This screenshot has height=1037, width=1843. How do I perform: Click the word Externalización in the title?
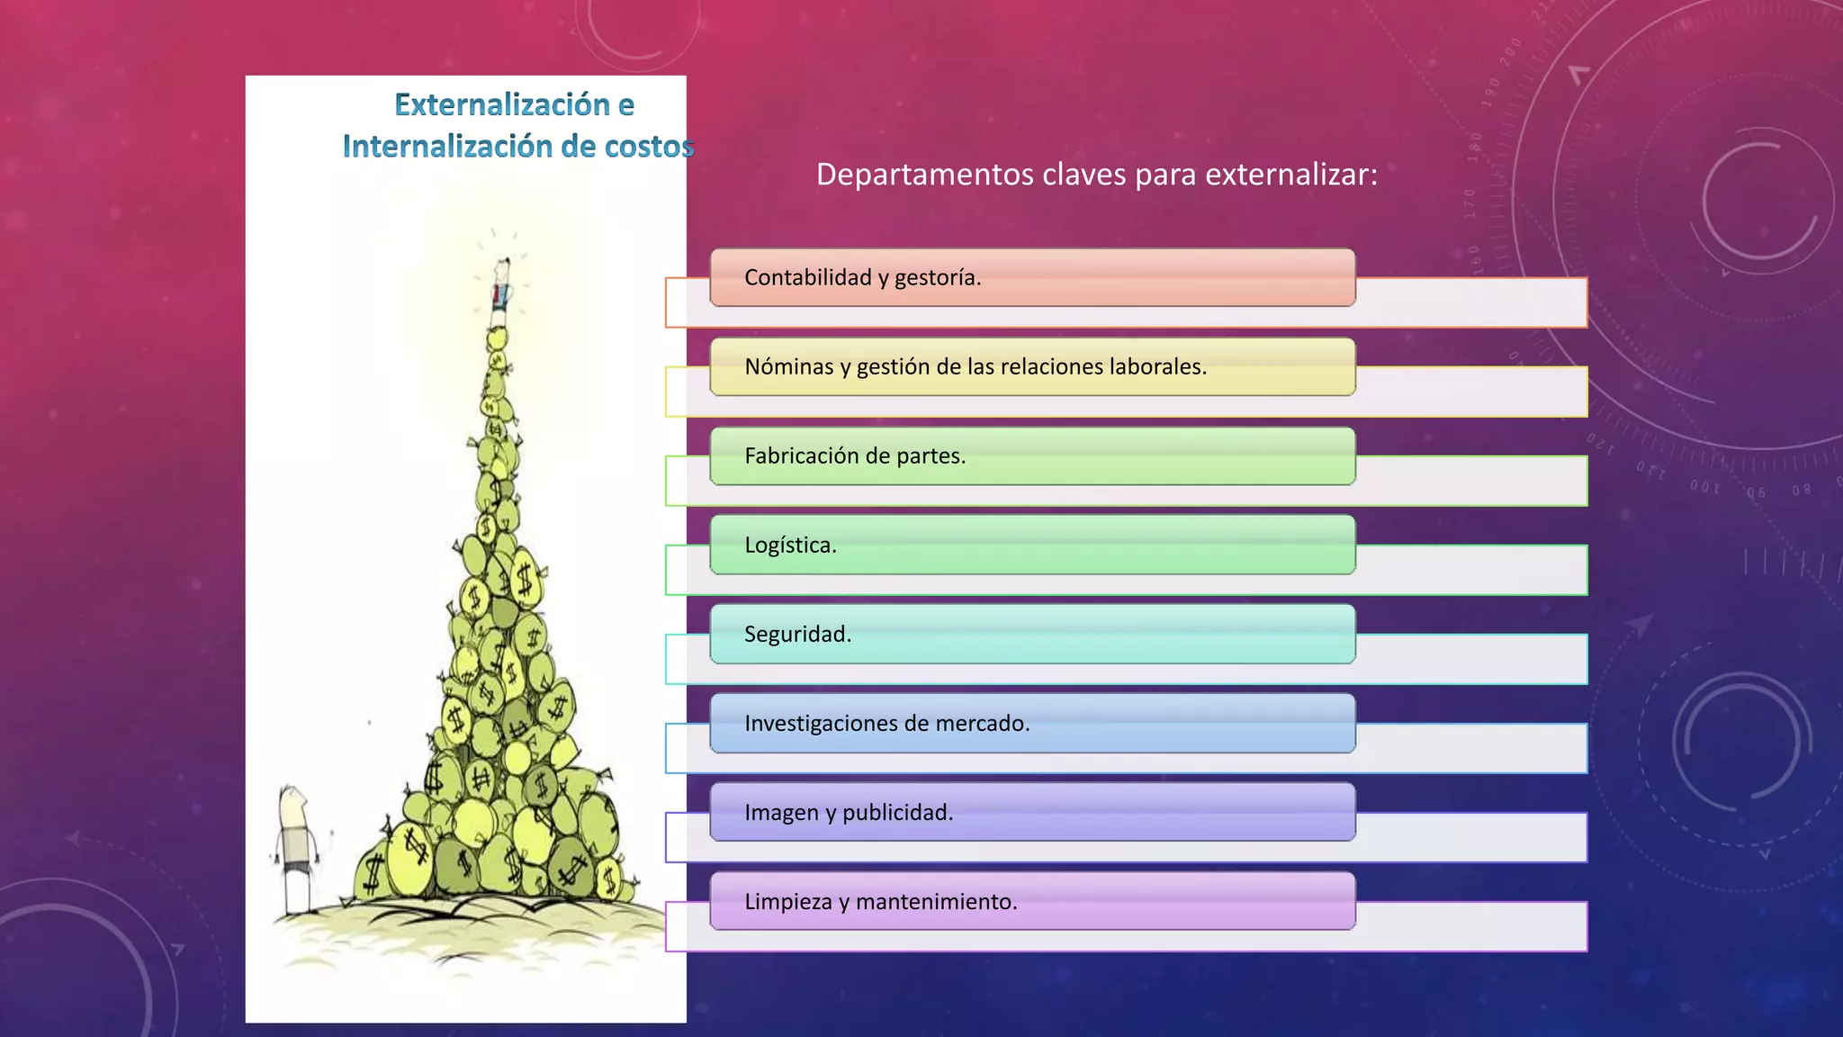[x=501, y=105]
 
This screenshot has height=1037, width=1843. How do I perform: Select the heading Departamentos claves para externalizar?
[x=1096, y=174]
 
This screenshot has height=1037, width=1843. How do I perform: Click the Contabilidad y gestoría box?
[x=1032, y=277]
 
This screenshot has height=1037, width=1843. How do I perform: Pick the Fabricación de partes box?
[x=1032, y=455]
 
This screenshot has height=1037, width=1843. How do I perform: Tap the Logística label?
[x=790, y=545]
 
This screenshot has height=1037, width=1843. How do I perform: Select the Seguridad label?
[x=797, y=634]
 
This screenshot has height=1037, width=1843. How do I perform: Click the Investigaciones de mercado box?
[x=1032, y=723]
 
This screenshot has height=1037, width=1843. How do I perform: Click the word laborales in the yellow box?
[x=1157, y=366]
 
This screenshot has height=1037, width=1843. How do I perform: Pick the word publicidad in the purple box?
[x=897, y=812]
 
